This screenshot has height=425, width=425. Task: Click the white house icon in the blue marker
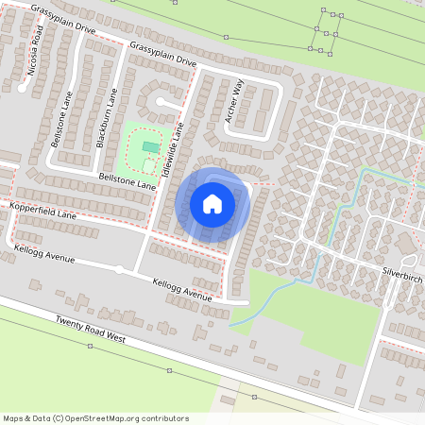point(212,203)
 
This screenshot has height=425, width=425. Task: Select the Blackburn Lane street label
point(107,118)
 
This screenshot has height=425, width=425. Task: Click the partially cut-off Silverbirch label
point(403,270)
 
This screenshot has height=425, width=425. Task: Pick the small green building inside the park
point(150,146)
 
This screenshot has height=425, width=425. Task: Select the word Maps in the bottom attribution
point(13,417)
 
